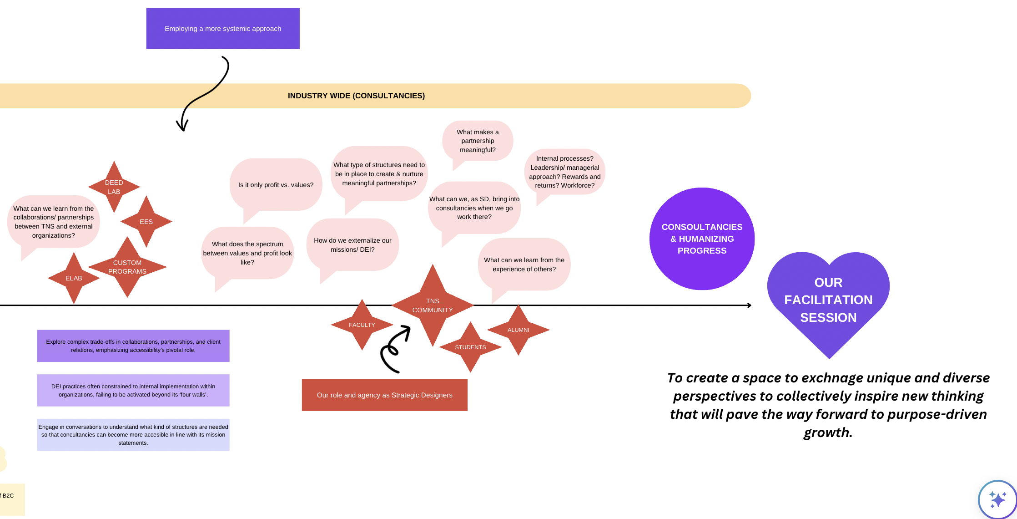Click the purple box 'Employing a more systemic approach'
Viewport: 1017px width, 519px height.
[x=223, y=28]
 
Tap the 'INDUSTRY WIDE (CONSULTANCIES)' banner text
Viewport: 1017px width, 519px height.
[x=356, y=96]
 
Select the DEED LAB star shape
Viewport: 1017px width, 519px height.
[x=114, y=187]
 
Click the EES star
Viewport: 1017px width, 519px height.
[x=146, y=222]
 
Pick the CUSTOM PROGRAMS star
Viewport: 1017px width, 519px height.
[x=127, y=267]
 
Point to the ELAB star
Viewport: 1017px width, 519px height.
[x=74, y=278]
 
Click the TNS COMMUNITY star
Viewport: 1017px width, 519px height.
[x=433, y=305]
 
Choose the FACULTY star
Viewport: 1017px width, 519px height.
[x=362, y=325]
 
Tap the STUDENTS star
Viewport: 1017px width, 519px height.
[x=470, y=347]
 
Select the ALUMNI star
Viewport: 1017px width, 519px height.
[x=518, y=330]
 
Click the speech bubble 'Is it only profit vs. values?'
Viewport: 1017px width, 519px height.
[x=276, y=185]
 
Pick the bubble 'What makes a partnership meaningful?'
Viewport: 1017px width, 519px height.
[x=478, y=141]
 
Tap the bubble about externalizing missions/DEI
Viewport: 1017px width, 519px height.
[x=352, y=245]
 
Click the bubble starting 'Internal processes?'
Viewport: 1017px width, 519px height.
[x=564, y=172]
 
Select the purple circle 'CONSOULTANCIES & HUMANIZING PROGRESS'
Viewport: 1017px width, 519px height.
[x=702, y=239]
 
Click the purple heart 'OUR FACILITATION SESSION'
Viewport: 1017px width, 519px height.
[x=828, y=300]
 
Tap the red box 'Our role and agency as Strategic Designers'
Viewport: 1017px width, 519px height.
[x=384, y=395]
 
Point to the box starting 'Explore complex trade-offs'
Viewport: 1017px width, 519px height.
[x=133, y=346]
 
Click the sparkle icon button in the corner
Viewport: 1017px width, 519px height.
[x=997, y=499]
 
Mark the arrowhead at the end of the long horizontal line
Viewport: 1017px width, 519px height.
[x=749, y=305]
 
